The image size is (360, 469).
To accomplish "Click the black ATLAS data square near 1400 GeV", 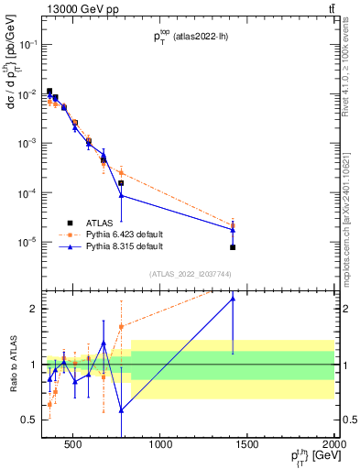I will (x=233, y=247).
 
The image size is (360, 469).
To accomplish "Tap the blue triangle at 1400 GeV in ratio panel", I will (x=233, y=298).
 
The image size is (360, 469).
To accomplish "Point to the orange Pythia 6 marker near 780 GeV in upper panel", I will (x=121, y=172).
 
